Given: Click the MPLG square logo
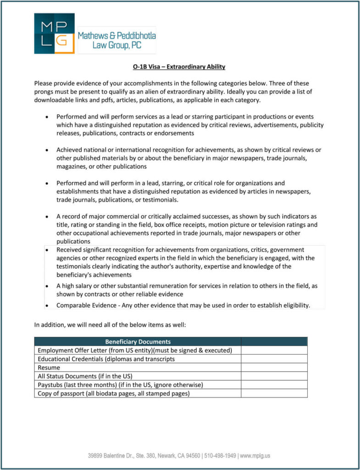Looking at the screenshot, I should coord(54,34).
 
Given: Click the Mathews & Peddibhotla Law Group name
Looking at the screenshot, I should coord(116,40).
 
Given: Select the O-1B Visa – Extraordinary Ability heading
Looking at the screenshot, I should coord(179,67).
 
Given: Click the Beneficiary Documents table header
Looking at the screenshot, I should coord(138,341).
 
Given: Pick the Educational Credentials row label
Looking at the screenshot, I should coord(106,359).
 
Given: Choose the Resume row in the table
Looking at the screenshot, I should coord(49,368).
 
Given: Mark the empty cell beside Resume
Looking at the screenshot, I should coord(274,368).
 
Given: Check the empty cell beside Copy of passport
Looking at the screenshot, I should coord(274,393).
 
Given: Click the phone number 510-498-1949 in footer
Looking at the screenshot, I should coord(220,456).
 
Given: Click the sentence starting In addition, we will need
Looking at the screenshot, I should coord(110,325).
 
